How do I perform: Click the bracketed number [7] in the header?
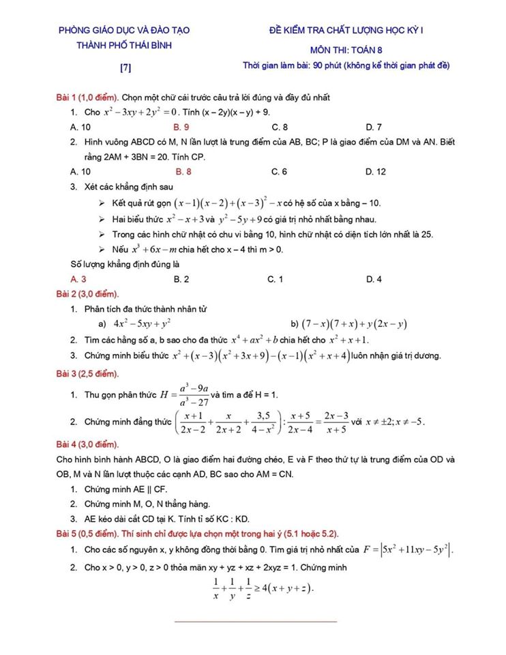click(125, 68)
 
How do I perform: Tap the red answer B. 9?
click(181, 127)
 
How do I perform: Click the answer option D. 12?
click(376, 171)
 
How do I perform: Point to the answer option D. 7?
click(374, 127)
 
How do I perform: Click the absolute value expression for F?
click(417, 549)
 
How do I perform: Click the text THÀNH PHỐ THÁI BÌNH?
click(124, 45)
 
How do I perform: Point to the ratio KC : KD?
click(232, 519)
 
